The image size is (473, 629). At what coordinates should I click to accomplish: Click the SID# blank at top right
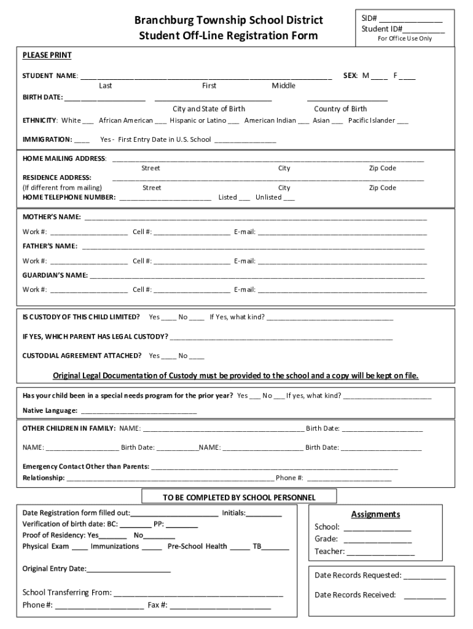[x=410, y=19]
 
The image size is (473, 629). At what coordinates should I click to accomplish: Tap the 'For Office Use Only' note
[x=404, y=38]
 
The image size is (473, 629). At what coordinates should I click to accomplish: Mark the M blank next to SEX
[x=379, y=77]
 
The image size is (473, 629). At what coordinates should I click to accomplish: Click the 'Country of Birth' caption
[x=340, y=109]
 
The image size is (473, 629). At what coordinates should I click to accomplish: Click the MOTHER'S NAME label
[x=52, y=217]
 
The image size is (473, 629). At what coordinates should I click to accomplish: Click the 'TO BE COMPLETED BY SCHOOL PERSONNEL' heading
[x=239, y=497]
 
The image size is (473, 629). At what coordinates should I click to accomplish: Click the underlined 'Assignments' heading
[x=375, y=514]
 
